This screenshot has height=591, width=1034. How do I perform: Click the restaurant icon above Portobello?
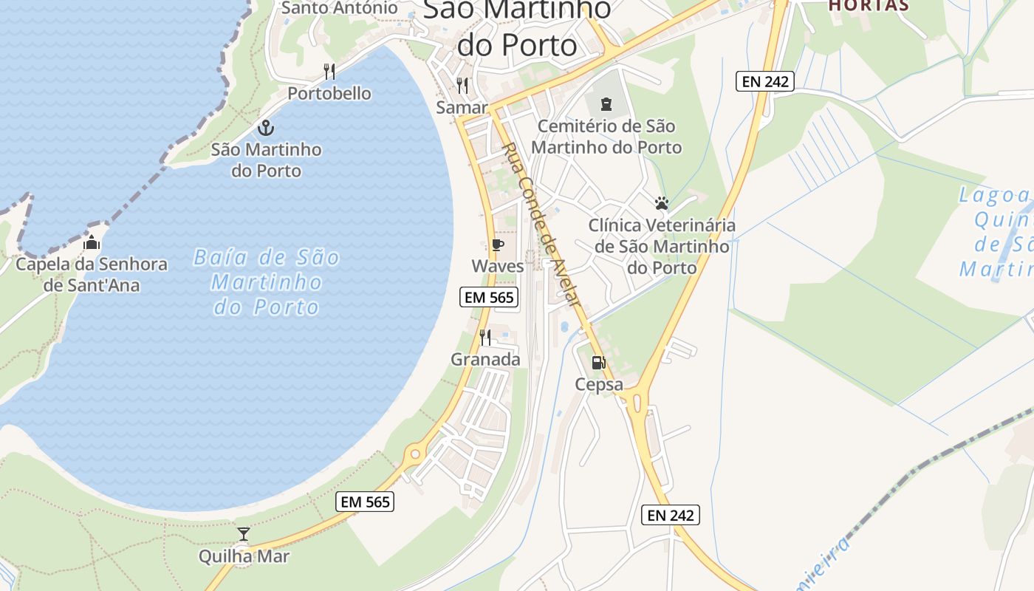point(329,72)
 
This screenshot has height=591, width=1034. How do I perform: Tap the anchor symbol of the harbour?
point(266,128)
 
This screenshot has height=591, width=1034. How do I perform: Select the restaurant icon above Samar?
point(462,86)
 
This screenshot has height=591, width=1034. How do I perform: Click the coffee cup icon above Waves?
point(497,245)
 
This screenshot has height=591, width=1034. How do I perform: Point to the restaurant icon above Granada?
point(485,338)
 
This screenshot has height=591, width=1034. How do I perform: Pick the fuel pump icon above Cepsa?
point(598,363)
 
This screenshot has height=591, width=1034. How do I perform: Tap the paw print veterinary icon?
point(661,203)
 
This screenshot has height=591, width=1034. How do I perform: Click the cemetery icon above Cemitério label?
point(606,104)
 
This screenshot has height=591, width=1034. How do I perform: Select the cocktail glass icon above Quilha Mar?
point(243,534)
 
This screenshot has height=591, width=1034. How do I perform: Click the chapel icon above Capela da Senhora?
point(92,242)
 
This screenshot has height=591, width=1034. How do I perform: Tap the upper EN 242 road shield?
point(764,81)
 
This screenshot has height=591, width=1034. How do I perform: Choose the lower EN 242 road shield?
point(670,515)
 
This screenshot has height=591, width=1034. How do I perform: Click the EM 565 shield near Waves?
point(489,298)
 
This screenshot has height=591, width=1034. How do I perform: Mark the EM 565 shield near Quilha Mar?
point(365,502)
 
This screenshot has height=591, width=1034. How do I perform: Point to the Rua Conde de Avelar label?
point(542,225)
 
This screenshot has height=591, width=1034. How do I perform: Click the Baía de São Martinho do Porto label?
point(267,282)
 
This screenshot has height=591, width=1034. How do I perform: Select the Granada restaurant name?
point(486,360)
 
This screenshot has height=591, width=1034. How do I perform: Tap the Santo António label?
point(340,8)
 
